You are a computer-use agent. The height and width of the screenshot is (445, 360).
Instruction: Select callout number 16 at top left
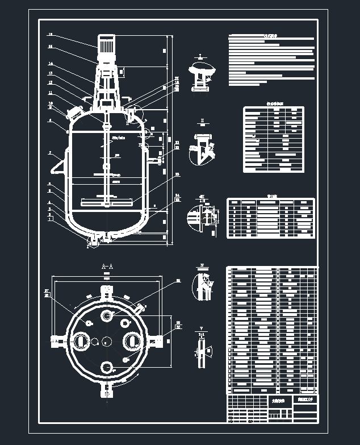point(51,35)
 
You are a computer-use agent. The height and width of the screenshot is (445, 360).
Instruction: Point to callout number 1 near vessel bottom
point(50,220)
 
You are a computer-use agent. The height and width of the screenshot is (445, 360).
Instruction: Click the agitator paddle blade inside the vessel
point(107,200)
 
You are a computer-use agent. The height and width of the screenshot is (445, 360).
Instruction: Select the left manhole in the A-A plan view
point(80,341)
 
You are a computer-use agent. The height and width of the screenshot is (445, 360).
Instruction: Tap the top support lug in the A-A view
point(107,292)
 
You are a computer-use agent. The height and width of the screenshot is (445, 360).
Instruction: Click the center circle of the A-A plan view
point(107,341)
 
